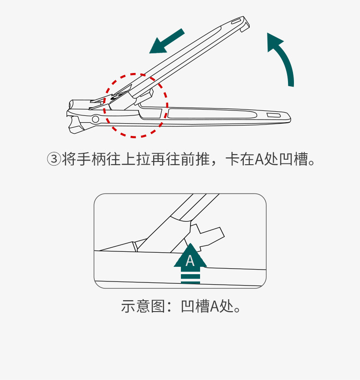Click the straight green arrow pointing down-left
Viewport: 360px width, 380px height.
(x=166, y=42)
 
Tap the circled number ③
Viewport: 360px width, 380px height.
(x=54, y=160)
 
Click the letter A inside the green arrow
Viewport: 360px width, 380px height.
(x=190, y=260)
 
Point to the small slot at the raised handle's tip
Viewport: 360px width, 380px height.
(x=237, y=21)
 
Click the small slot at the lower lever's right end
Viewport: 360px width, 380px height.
(x=273, y=115)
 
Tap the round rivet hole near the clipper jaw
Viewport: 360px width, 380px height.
(x=95, y=120)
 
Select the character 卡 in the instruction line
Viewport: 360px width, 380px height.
(x=233, y=160)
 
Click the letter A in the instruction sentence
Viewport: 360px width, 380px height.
(x=259, y=160)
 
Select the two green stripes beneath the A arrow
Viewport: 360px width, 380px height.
(x=190, y=278)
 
